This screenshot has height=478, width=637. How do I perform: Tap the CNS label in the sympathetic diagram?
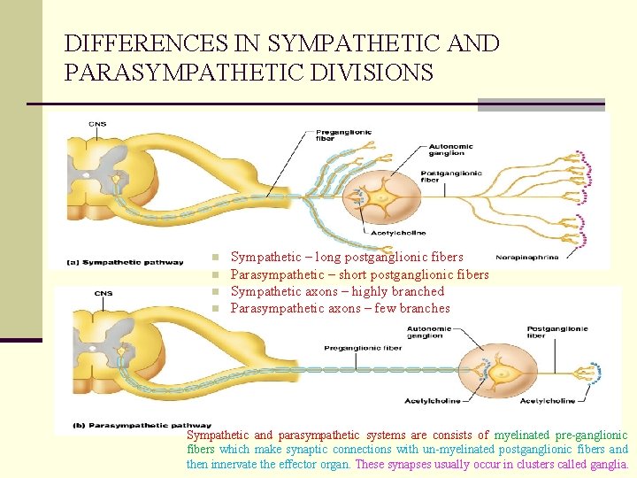tap(97, 124)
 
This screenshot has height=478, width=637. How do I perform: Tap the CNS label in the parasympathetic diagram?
tap(104, 294)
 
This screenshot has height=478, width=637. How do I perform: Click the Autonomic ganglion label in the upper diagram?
tap(450, 150)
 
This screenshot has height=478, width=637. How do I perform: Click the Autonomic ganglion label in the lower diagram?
tap(426, 333)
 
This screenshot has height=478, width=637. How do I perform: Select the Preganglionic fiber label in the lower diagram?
tap(363, 348)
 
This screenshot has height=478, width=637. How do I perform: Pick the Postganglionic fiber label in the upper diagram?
tap(451, 176)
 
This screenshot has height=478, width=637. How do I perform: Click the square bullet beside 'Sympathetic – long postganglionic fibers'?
tap(215, 258)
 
